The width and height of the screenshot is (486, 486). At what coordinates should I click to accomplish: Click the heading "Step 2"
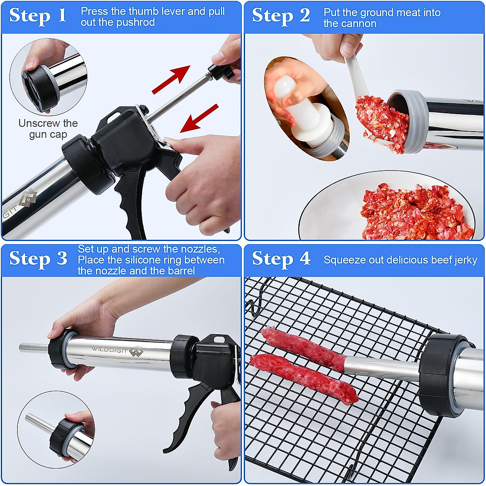[281, 16]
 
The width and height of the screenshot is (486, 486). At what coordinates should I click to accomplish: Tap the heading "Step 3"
[38, 258]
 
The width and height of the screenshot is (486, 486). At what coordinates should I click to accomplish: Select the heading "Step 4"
[281, 258]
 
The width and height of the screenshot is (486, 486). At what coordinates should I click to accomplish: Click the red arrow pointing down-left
[199, 118]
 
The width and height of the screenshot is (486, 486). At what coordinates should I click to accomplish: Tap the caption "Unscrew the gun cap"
[48, 128]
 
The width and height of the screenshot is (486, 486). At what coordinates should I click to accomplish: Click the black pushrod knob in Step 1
[221, 72]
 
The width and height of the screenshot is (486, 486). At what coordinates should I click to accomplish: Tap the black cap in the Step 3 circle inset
[65, 438]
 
